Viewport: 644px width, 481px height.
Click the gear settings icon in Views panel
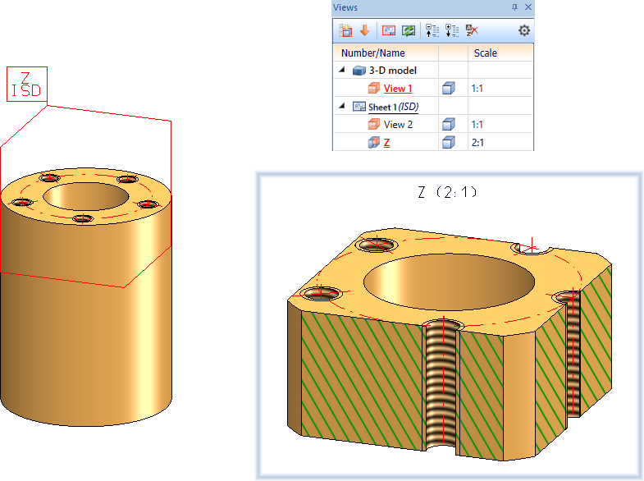point(523,30)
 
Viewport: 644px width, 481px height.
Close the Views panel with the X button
point(528,7)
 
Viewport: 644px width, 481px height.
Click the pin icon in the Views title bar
point(514,7)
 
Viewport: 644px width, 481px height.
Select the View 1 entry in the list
point(398,89)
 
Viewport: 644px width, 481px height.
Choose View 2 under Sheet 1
point(398,125)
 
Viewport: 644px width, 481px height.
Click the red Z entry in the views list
point(386,143)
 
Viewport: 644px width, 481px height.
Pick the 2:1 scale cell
point(477,143)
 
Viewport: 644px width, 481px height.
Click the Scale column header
point(486,53)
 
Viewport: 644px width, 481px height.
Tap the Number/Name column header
point(373,53)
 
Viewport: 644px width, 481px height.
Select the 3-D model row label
point(393,71)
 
